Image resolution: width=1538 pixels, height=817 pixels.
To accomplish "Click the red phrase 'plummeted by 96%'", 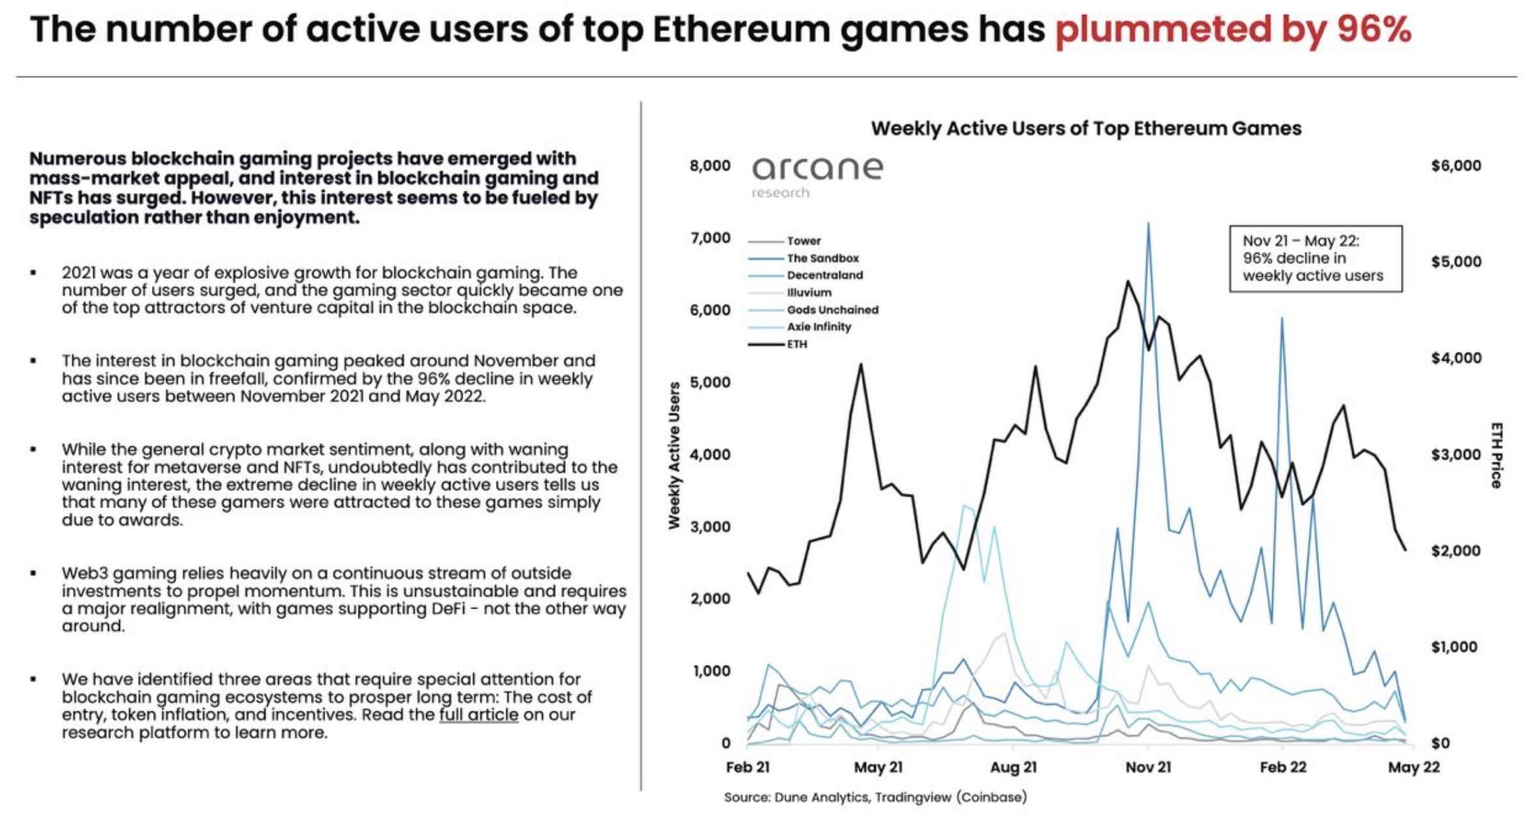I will [1233, 29].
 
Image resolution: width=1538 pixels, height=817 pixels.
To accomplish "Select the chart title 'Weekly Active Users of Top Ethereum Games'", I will [1086, 128].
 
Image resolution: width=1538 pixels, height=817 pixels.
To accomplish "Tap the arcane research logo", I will [817, 175].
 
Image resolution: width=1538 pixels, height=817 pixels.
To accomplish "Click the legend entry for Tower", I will [804, 241].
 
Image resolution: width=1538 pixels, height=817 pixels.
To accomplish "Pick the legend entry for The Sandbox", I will [822, 259].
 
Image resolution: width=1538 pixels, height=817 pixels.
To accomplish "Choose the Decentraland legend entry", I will [824, 276].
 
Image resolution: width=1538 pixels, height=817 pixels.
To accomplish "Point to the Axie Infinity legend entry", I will [819, 327].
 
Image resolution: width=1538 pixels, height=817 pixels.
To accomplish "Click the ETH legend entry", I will [796, 344].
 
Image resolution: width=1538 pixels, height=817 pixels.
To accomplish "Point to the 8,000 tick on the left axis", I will [710, 166].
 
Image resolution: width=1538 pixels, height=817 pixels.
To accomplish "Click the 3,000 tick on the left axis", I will [710, 526].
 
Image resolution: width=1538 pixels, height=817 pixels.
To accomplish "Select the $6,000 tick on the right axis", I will [1456, 166].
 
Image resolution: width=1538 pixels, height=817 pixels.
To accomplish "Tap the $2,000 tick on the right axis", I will [1456, 551].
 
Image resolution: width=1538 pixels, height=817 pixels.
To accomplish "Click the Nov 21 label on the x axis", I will [1148, 767].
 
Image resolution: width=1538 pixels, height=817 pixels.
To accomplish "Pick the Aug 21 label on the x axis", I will [1013, 767].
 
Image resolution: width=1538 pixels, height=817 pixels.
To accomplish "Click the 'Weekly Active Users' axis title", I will [675, 455].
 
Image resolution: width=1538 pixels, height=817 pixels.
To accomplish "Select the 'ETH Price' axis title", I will [1496, 455].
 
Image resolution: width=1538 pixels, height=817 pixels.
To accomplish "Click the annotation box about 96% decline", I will [1315, 259].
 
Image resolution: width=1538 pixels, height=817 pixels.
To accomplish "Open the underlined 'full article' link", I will [478, 715].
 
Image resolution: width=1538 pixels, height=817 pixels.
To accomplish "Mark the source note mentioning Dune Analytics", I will [875, 797].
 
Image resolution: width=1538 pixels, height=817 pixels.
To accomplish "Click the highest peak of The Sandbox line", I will [1148, 223].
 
